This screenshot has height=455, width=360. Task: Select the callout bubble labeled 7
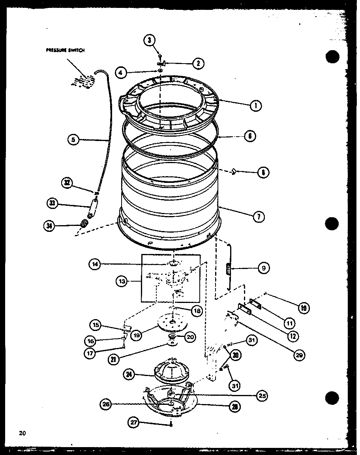[x=259, y=217]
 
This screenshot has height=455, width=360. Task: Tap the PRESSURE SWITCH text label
[x=66, y=50]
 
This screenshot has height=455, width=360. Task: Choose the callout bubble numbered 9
[x=264, y=268]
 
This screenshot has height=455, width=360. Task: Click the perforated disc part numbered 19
[x=170, y=322]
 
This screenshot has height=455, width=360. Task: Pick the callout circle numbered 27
[x=135, y=422]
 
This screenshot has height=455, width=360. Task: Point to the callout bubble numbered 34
[x=49, y=226]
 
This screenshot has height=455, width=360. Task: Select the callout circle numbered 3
[x=150, y=40]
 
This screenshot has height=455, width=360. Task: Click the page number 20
[x=22, y=433]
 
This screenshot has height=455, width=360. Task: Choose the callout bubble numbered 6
[x=250, y=136]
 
